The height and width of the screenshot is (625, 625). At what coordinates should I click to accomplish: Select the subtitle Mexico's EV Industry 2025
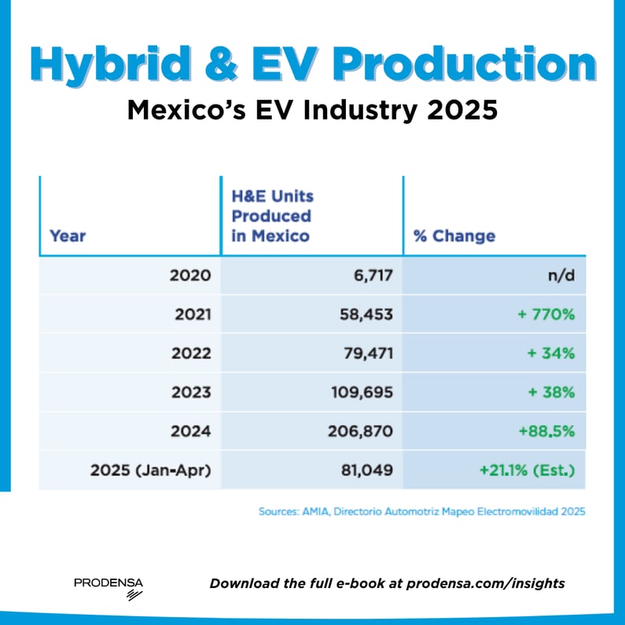point(312,110)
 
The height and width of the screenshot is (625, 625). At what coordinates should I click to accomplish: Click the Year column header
point(68,235)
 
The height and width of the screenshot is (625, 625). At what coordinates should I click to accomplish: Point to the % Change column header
point(454,235)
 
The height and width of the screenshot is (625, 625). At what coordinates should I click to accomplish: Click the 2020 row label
point(190,276)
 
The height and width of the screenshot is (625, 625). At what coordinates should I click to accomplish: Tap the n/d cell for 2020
point(560,276)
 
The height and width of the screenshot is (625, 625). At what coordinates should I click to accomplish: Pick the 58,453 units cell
point(363,314)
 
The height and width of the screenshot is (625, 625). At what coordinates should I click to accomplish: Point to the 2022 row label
point(190,353)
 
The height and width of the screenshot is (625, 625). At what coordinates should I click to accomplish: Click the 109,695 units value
point(359,392)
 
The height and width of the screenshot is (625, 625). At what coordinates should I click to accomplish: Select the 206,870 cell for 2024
point(358,431)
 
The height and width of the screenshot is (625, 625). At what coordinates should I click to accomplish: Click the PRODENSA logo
point(108,586)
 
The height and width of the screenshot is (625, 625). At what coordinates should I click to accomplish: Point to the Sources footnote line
point(422,512)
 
